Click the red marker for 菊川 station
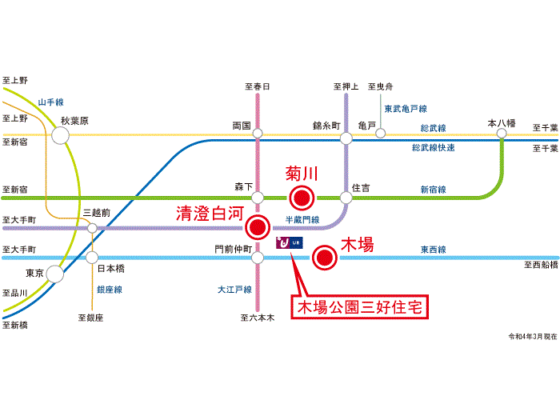pos(302,198)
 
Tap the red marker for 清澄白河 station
pos(258,227)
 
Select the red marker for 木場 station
pos(325,257)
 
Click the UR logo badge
pos(290,243)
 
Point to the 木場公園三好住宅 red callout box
pos(360,307)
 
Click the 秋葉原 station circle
pos(60,135)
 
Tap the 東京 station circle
pos(54,274)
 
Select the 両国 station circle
pos(258,134)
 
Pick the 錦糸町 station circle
pos(346,138)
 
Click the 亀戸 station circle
pos(380,134)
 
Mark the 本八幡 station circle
pos(502,134)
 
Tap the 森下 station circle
pos(258,198)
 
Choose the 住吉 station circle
pos(346,198)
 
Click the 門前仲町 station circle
pos(258,258)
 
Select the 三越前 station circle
pos(92,228)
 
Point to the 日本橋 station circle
pos(92,257)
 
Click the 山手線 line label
pos(50,102)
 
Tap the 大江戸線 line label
pos(234,290)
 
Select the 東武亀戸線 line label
pos(406,109)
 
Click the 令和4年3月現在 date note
pos(533,337)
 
